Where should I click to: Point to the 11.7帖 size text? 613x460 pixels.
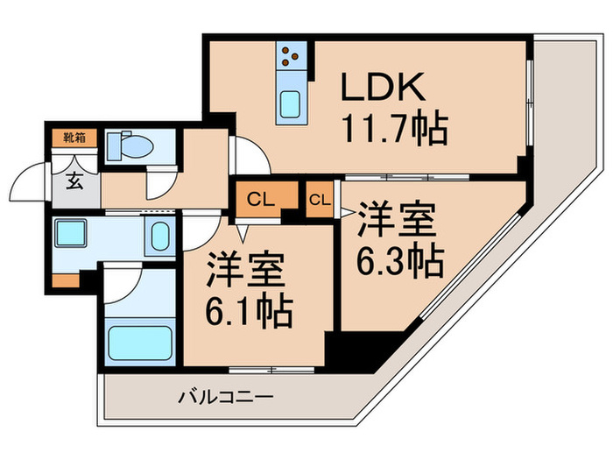[x=394, y=129]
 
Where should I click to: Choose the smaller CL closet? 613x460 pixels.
[x=320, y=199]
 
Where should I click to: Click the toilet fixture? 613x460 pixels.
[x=123, y=145]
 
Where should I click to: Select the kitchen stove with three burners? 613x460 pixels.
[x=290, y=58]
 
